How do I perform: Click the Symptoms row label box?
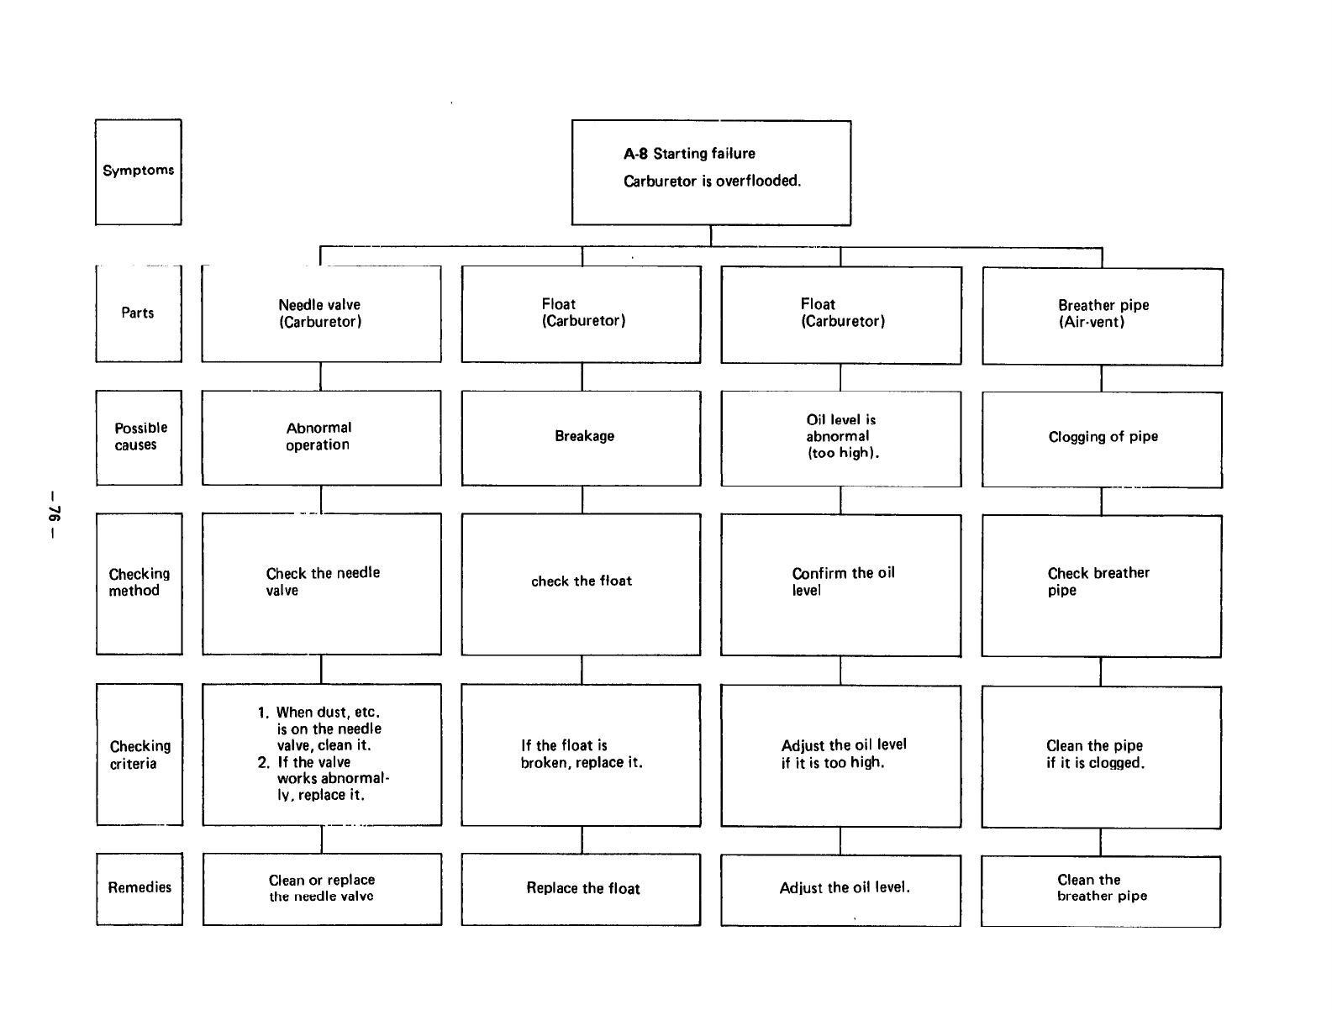pos(138,171)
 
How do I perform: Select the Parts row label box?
pos(138,313)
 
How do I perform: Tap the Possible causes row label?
pos(139,437)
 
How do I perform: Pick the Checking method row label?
pos(139,583)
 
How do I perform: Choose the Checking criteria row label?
pos(139,755)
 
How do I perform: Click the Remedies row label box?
pos(139,888)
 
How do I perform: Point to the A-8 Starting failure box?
pos(711,172)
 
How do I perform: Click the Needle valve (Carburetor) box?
pos(321,314)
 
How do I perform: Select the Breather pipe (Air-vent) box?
pos(1102,316)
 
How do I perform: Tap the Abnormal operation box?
pos(321,437)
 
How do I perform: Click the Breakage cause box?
pos(582,437)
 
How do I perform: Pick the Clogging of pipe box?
pos(1102,439)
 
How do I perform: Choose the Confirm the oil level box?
pos(840,584)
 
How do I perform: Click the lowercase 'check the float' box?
pos(582,583)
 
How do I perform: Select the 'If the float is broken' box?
pos(582,755)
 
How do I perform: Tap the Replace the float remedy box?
pos(582,889)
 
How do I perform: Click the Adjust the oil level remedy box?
pos(840,890)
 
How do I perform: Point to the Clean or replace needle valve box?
pos(321,889)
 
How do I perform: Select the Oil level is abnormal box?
pos(840,438)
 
